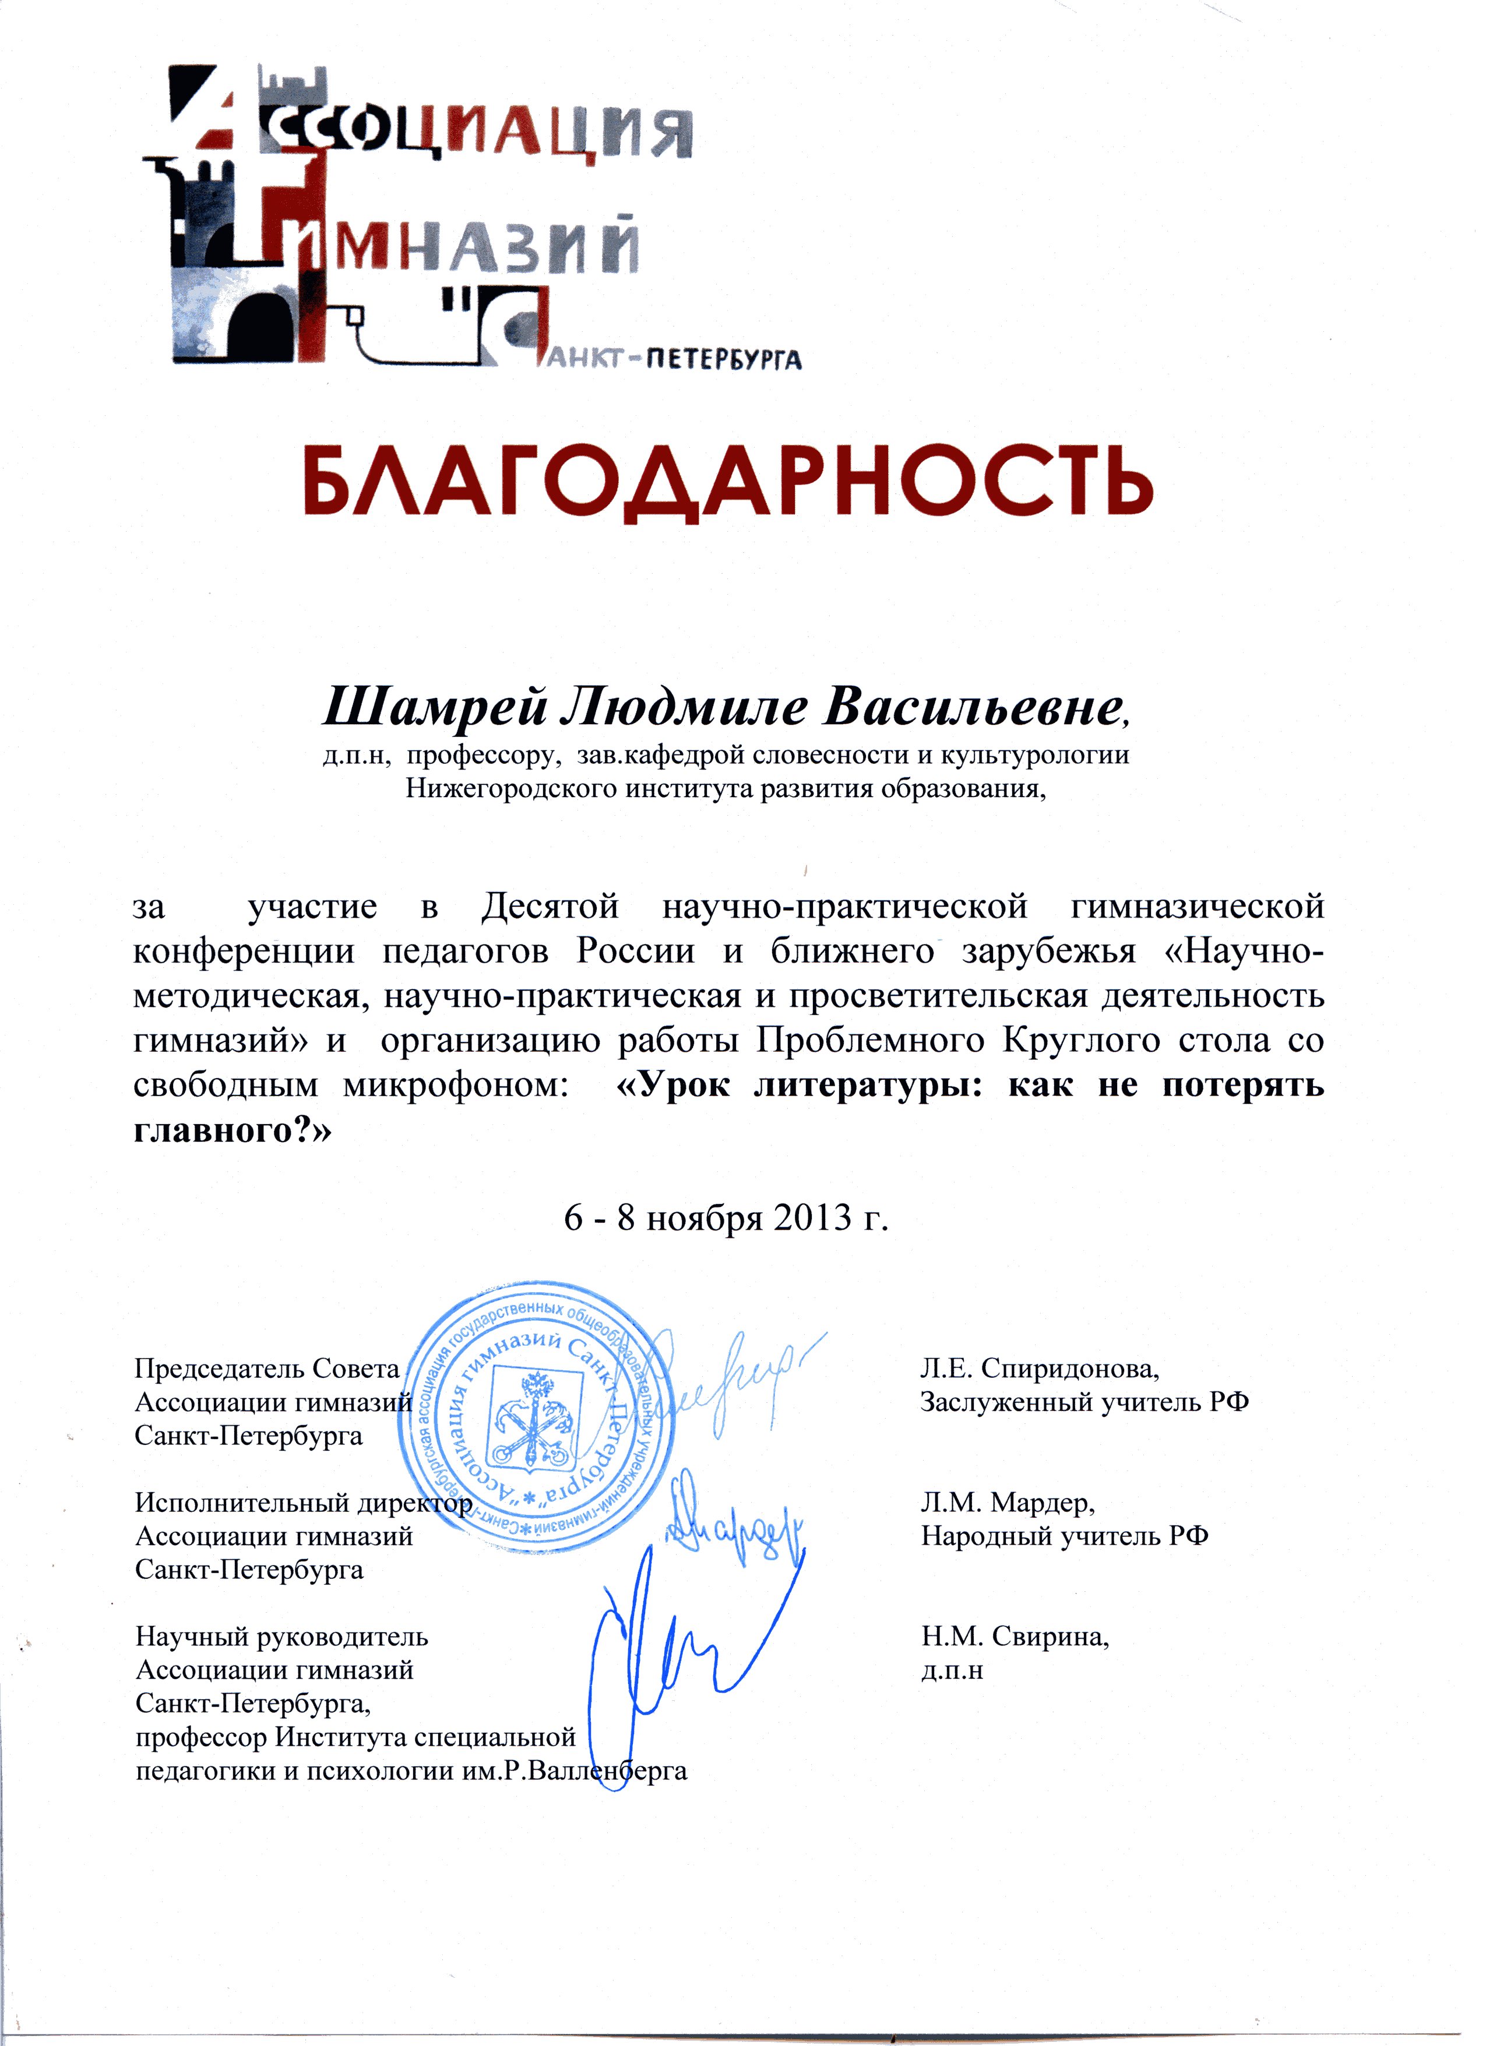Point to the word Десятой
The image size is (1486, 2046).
click(550, 905)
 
